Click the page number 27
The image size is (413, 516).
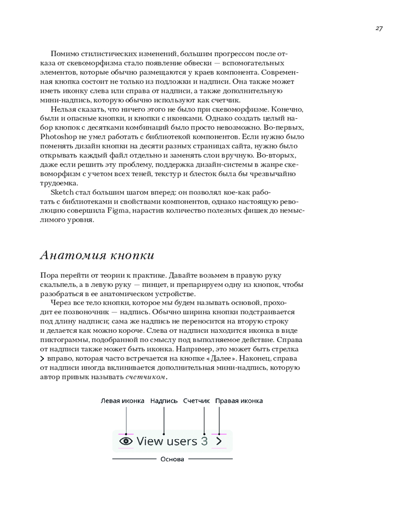[x=378, y=28]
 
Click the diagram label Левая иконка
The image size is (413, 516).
[x=122, y=400]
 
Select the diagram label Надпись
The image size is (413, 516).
[x=164, y=400]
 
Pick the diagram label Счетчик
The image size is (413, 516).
[x=197, y=400]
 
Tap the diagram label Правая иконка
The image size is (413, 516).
[x=239, y=400]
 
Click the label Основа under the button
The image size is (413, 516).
[x=172, y=459]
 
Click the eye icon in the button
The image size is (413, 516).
[x=126, y=441]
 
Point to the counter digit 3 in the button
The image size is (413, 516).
[x=204, y=441]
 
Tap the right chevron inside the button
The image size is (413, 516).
[x=219, y=441]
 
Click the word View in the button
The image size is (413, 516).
[x=150, y=441]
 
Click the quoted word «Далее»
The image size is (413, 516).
[x=242, y=358]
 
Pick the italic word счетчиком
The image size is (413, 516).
[x=146, y=377]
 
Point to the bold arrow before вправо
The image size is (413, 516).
[x=42, y=358]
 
